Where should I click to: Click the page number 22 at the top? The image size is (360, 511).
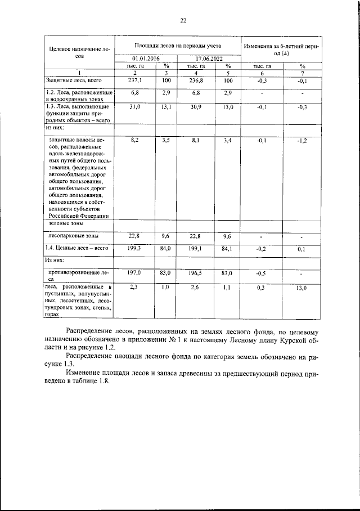click(183, 21)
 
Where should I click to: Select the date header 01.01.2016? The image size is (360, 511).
click(145, 58)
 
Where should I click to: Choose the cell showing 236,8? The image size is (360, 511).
click(196, 80)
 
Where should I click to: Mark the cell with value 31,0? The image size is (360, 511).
click(134, 106)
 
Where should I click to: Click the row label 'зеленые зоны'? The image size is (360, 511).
click(62, 223)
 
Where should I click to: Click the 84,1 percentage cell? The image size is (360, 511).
click(227, 248)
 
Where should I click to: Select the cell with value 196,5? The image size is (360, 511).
click(196, 272)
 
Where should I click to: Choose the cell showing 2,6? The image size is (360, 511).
click(196, 288)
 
